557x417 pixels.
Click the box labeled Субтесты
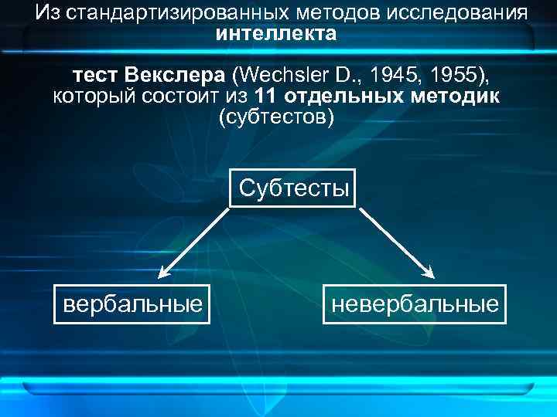point(293,188)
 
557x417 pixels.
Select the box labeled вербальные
point(133,303)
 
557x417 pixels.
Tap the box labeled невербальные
point(415,303)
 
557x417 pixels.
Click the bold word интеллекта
point(277,34)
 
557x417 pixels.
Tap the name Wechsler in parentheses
point(286,76)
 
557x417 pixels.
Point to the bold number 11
point(265,97)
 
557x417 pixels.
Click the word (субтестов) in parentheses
point(277,117)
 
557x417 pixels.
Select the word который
point(91,97)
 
